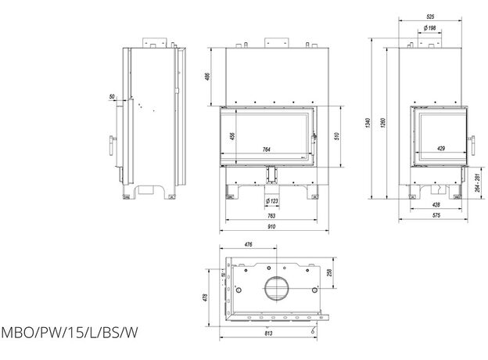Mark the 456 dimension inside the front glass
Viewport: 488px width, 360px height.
pos(231,136)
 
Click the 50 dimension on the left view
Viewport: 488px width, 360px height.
pos(113,97)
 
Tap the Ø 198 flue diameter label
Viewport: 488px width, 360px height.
pos(429,28)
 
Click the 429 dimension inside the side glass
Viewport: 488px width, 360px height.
pos(441,149)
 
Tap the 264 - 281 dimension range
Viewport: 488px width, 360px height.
pos(477,188)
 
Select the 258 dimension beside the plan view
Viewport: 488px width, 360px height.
pos(332,272)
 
